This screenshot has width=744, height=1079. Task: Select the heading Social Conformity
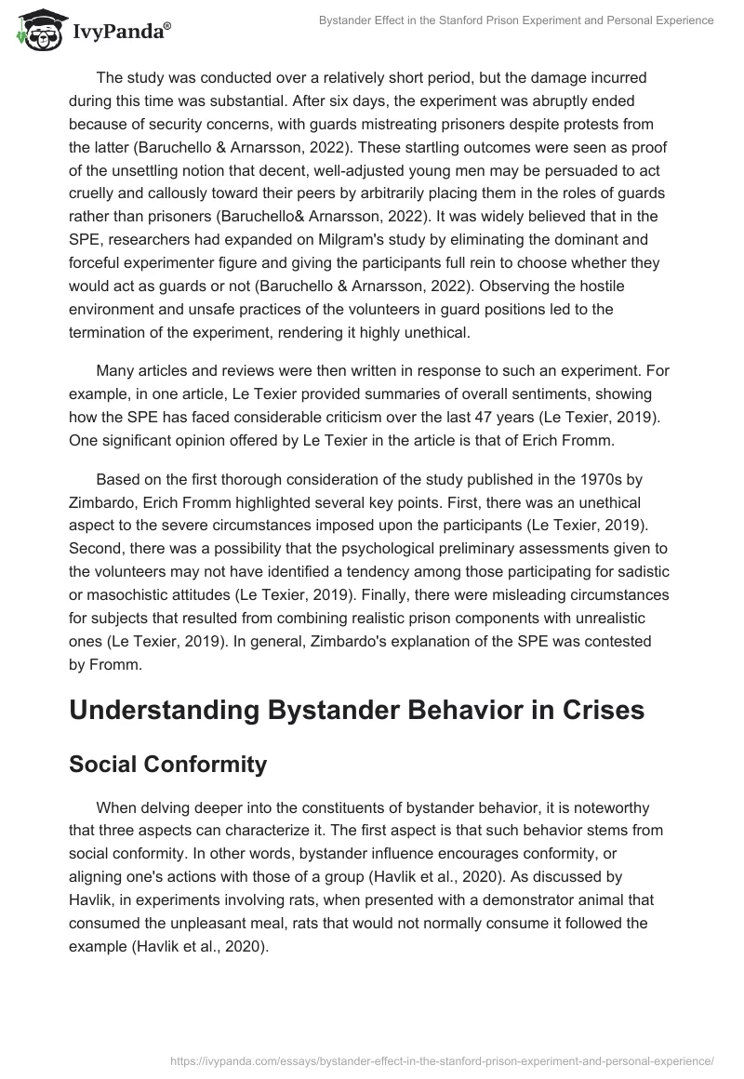point(167,765)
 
